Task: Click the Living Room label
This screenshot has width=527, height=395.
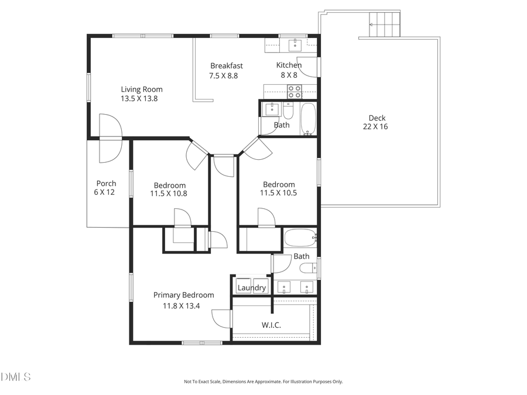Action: coord(142,90)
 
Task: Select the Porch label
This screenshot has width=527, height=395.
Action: coord(106,183)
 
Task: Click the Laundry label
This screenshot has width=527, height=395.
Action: coord(252,288)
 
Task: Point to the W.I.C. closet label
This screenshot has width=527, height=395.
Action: coord(271,324)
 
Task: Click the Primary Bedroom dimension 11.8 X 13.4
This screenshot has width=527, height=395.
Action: coord(180,305)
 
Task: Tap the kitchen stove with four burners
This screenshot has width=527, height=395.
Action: coord(294,91)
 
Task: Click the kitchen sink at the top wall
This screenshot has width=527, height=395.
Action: coord(295,43)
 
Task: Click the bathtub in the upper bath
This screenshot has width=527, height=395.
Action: coord(308,119)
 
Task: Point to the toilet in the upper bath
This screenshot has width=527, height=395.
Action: coord(288,111)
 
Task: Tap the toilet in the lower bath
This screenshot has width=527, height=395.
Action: coord(308,269)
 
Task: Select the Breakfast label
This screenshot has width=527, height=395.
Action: coord(227,66)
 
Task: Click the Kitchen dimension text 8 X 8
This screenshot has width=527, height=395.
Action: coord(288,75)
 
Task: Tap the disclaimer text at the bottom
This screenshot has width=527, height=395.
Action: coord(263,382)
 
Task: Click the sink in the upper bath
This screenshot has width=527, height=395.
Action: coord(272,109)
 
